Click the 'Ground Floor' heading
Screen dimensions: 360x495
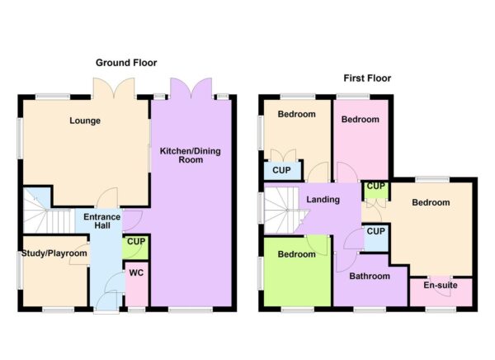coord(126,63)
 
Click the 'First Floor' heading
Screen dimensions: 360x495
coord(367,78)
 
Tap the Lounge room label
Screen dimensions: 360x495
coord(84,121)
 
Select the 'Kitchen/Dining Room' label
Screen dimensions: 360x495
coord(191,154)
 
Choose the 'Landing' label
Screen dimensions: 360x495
coord(323,201)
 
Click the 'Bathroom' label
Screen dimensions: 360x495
coord(369,276)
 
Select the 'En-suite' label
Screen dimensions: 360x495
coord(440,286)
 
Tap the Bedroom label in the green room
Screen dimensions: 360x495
coord(295,254)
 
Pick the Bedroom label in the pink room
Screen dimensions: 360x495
coord(361,120)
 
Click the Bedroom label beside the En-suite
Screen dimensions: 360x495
coord(431,202)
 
